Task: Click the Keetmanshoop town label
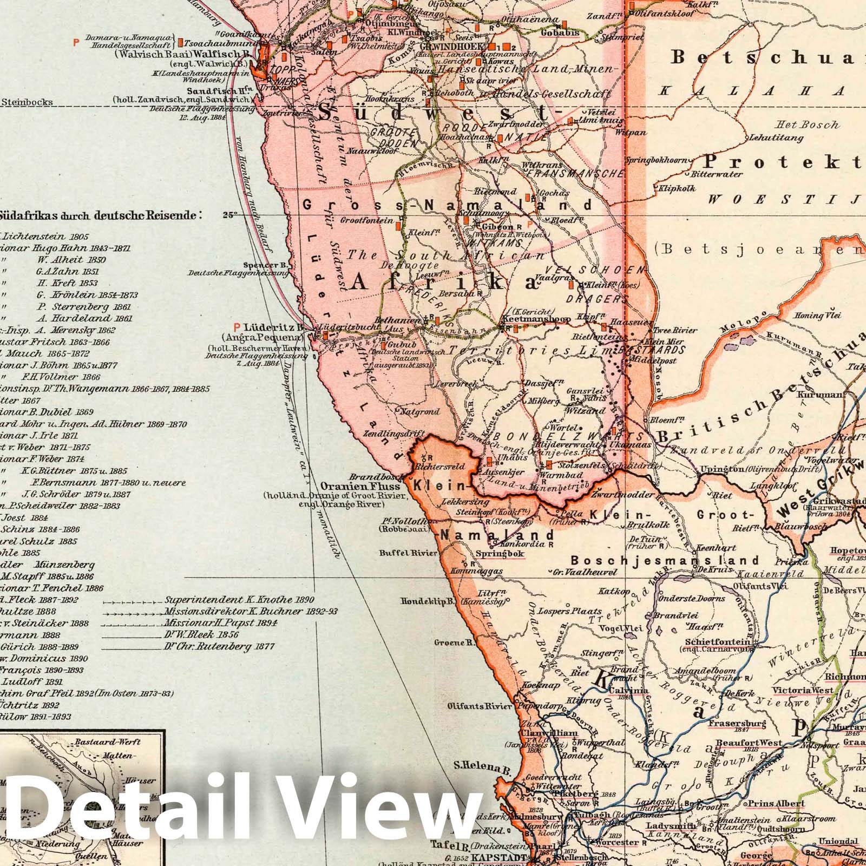click(x=536, y=319)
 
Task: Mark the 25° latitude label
click(x=230, y=214)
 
